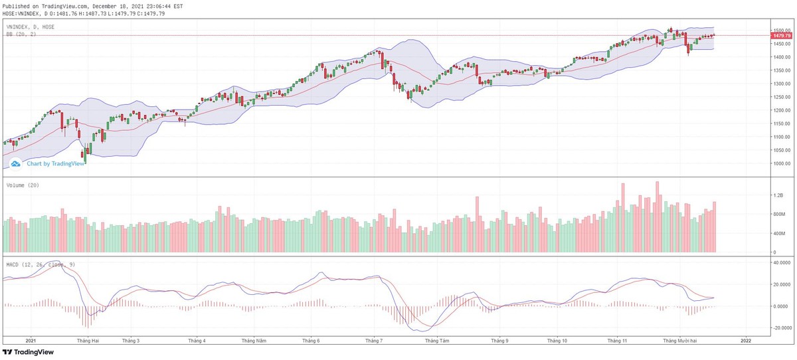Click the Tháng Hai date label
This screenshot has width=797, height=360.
pos(88,340)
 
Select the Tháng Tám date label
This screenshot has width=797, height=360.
pos(438,340)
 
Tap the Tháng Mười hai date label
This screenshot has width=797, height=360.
pos(682,340)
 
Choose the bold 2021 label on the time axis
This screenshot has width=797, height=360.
pos(31,340)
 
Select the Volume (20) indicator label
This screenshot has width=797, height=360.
pos(23,185)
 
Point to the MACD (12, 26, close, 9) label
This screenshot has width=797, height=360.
pos(40,264)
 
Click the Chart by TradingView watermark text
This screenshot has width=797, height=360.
pos(56,163)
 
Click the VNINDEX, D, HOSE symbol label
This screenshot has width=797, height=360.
pos(31,27)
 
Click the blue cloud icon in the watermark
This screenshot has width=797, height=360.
pos(16,163)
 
